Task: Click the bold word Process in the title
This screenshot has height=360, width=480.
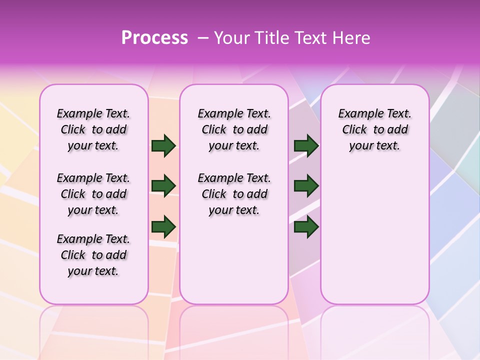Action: (154, 38)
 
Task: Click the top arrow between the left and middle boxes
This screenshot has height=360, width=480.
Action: (163, 146)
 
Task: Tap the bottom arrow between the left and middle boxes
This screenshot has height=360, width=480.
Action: (163, 227)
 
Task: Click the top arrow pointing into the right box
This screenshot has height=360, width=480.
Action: (306, 146)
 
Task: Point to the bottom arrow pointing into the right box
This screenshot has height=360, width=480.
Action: (306, 227)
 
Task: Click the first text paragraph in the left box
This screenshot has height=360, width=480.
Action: (93, 129)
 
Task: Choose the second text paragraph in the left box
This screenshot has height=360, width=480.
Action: (93, 194)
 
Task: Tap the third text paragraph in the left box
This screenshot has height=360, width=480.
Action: (93, 255)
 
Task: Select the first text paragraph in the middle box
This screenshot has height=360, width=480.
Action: (234, 129)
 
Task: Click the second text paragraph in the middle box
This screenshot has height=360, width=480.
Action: (234, 194)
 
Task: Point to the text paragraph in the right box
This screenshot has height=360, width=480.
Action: (374, 129)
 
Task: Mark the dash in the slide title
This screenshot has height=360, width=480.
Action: (203, 38)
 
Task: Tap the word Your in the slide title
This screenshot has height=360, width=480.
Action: (231, 38)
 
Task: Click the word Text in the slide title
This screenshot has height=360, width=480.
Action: (310, 38)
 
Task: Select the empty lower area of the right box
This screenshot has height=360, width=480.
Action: (374, 235)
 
